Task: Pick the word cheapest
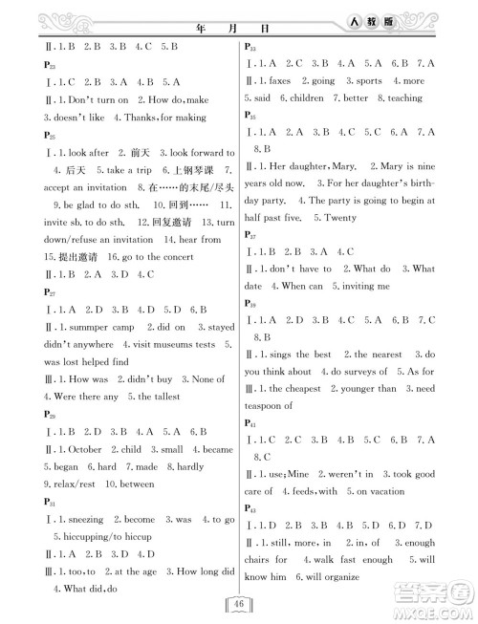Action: point(308,389)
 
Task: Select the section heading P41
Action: point(250,421)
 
